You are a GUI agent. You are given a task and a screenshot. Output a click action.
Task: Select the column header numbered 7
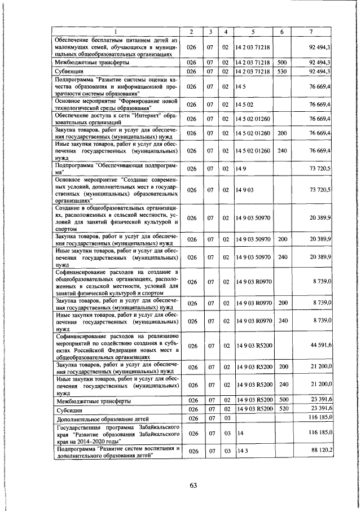(x=311, y=32)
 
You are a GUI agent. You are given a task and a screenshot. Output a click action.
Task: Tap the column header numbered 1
(x=117, y=32)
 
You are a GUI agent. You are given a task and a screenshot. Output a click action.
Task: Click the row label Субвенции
(x=69, y=72)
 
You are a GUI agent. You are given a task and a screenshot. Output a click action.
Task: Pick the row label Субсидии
(x=69, y=409)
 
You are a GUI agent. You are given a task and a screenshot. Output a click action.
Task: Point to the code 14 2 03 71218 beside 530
(x=252, y=72)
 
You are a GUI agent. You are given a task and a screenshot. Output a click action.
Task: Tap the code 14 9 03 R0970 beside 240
(x=252, y=320)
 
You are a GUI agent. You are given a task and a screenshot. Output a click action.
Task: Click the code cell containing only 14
(x=239, y=433)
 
